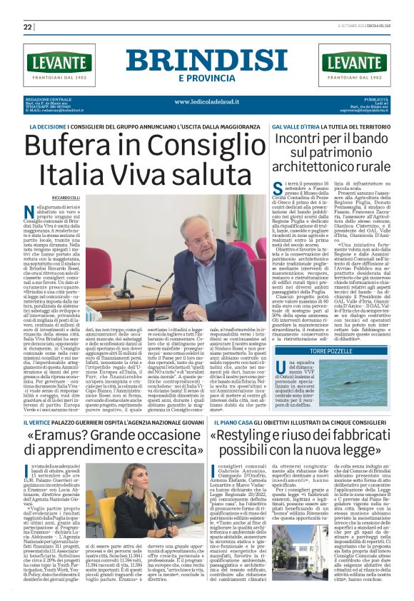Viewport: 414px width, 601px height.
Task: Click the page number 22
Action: tap(28, 26)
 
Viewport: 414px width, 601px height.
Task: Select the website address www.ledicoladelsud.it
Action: tap(207, 101)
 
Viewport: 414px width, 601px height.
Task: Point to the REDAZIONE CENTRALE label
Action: tap(47, 98)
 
